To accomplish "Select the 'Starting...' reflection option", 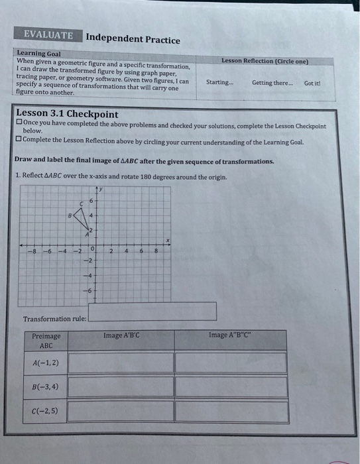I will coord(219,83).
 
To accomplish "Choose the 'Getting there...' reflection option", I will coord(270,83).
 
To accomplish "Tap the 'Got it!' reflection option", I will coord(312,83).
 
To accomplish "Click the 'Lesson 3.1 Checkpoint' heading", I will coord(67,113).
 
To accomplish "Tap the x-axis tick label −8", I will coord(30,252).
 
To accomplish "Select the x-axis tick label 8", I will coord(155,251).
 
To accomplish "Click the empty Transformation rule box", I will coord(152,312).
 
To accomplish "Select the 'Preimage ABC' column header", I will coord(46,341).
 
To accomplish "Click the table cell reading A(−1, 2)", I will coord(46,363).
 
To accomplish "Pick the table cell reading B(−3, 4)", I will coord(46,386).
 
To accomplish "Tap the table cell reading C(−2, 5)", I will coord(46,411).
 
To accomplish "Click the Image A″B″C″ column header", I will coord(230,335).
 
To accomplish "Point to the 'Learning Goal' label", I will coord(38,53).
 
